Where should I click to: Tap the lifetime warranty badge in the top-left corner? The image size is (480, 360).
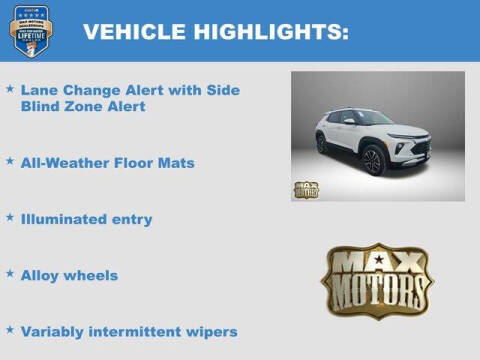coord(28,31)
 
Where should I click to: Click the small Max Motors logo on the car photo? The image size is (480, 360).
coord(306,189)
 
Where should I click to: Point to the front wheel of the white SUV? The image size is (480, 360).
coord(372,161)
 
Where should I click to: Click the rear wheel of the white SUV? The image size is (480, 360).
coord(322,143)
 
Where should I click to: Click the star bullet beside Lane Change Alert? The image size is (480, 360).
coord(10,89)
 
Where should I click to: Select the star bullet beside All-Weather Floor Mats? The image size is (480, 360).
coord(10,160)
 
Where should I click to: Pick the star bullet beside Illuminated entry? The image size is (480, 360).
coord(10,216)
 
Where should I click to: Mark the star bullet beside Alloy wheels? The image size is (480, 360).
coord(10,273)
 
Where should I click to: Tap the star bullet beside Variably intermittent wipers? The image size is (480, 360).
coord(10,329)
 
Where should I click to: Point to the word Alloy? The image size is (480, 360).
coord(41,275)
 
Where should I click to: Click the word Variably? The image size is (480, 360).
coord(54,332)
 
